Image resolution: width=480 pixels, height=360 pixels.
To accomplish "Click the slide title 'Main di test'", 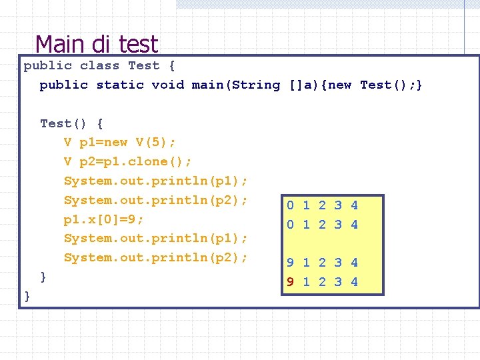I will (97, 44).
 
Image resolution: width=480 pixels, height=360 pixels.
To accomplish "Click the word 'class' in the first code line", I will (99, 65).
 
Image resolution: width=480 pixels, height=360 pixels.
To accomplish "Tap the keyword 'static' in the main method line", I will (120, 85).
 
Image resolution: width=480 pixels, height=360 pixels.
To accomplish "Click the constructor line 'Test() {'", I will (71, 123).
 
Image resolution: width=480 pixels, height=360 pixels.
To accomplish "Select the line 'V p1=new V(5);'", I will (120, 142).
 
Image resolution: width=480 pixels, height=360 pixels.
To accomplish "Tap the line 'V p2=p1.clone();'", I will (128, 161).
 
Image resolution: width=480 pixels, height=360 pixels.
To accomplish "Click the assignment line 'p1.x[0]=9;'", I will (104, 219).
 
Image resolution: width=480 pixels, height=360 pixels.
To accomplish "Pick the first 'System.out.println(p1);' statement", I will (156, 181).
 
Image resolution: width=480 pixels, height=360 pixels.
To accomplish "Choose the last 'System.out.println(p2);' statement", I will (156, 257).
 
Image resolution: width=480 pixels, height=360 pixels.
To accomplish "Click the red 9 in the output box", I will (290, 282).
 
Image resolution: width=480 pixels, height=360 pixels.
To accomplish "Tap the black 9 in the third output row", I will (290, 263).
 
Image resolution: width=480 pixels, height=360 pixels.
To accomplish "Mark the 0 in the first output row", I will (290, 205).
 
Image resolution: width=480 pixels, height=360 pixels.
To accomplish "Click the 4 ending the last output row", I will (354, 282).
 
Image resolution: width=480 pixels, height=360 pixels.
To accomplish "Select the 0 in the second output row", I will (290, 225).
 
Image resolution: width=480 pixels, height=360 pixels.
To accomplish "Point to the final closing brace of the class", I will (27, 295).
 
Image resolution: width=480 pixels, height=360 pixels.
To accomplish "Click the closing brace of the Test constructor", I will (43, 276).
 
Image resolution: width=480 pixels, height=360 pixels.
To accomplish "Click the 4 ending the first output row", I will (354, 205).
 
